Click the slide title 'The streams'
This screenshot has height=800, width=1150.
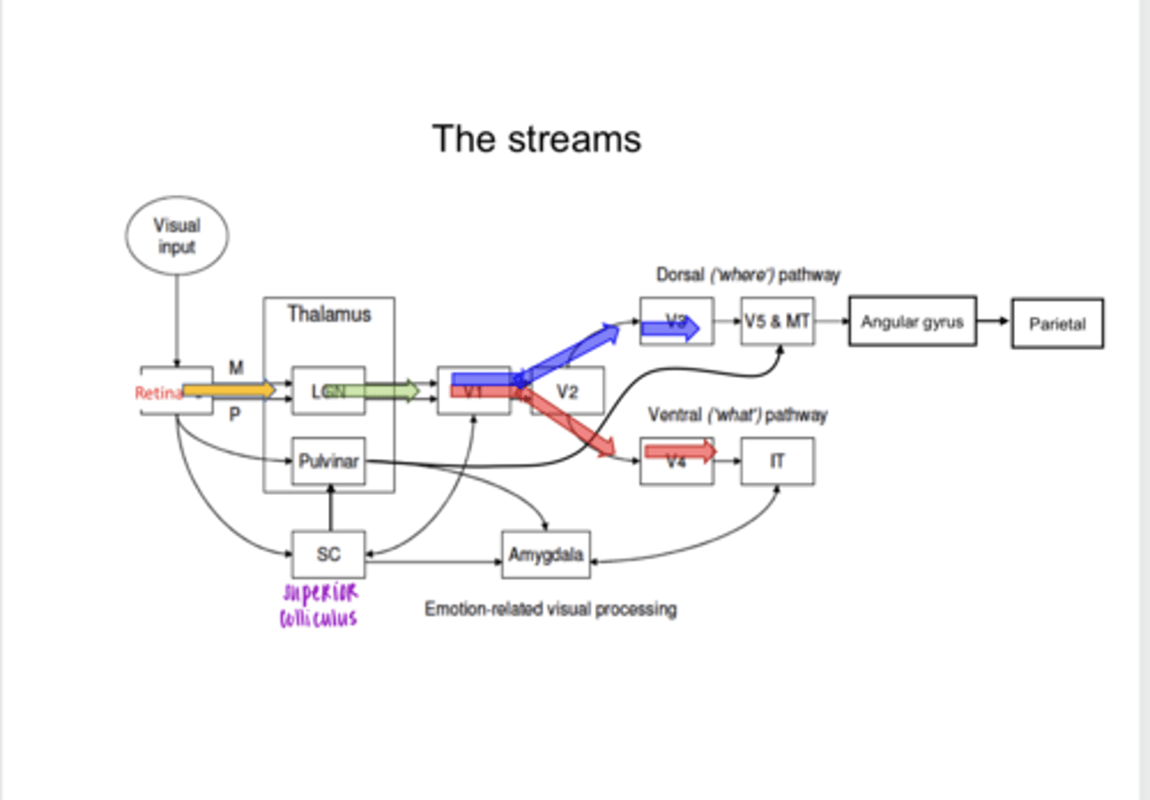tap(536, 139)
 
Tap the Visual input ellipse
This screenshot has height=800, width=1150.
tap(176, 236)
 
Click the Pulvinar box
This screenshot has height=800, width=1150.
tap(328, 461)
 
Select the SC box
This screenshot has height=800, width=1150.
tap(328, 554)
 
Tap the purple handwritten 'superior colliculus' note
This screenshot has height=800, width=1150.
tap(319, 605)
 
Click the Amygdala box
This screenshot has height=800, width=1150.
tap(546, 554)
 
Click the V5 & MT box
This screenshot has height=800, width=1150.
tap(777, 321)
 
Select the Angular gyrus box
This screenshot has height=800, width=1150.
tap(912, 322)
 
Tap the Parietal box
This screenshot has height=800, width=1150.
tap(1057, 323)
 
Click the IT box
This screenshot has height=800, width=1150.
tap(777, 461)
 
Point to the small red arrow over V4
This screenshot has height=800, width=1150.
tap(680, 452)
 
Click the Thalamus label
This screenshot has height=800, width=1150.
tap(329, 314)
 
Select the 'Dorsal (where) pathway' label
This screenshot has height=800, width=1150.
tap(747, 275)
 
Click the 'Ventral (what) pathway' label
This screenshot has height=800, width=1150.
tap(737, 415)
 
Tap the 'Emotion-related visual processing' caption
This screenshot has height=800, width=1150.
tap(550, 609)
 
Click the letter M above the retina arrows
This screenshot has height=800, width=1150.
tap(236, 368)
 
